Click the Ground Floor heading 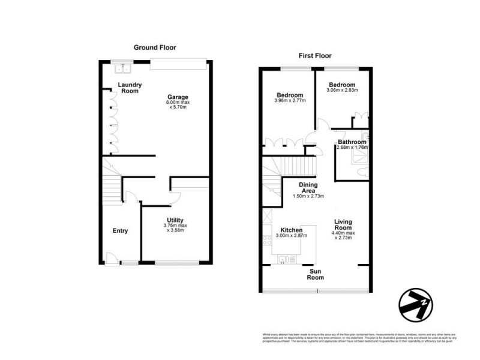point(155,47)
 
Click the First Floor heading point(315,56)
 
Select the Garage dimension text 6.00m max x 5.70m point(178,106)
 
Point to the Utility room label point(175,220)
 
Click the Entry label point(120,230)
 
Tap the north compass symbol point(416,304)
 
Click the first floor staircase point(293,164)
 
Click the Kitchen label point(291,230)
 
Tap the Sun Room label point(316,274)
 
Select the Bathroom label point(352,142)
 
